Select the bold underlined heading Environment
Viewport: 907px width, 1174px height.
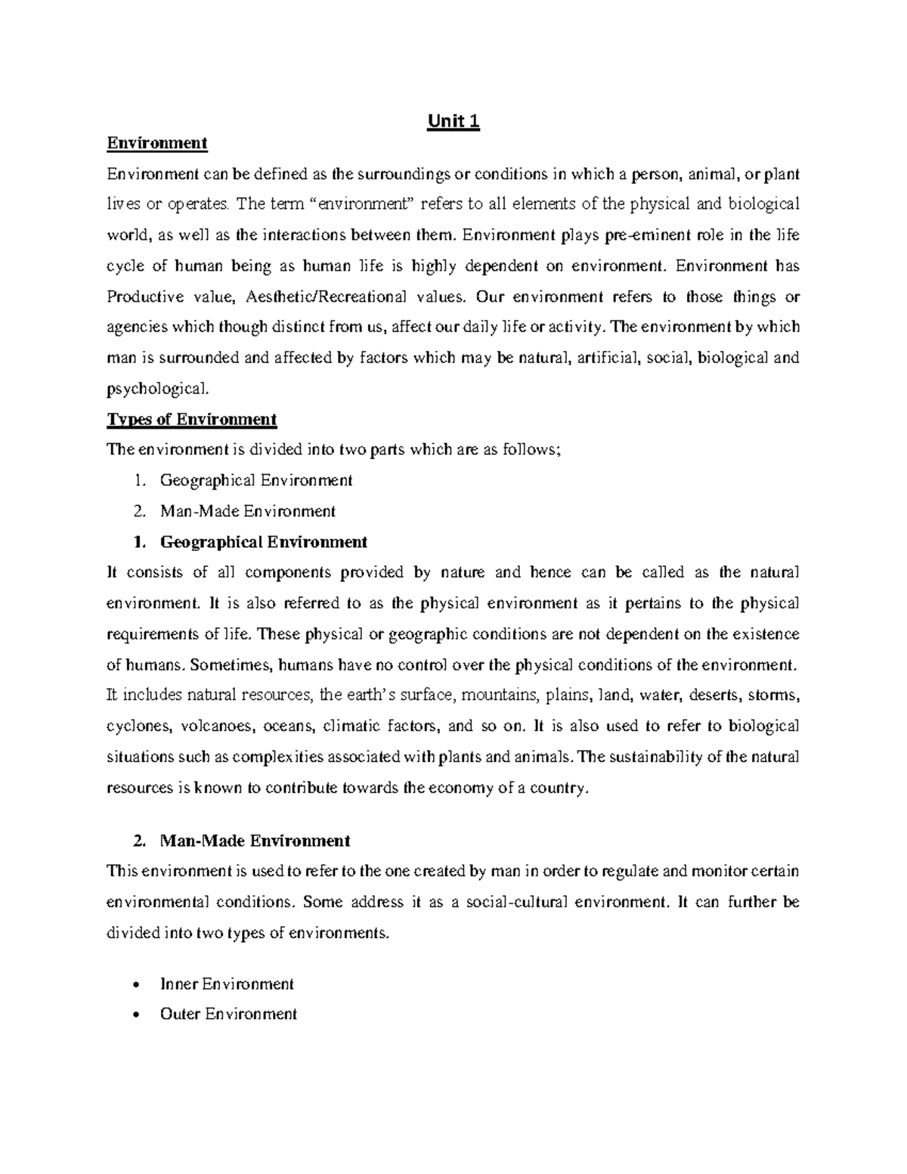coord(156,143)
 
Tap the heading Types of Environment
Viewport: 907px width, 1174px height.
coord(192,420)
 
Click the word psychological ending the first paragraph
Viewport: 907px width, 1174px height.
coord(155,389)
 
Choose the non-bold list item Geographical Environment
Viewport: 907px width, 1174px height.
coord(255,480)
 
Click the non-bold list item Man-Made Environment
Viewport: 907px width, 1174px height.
coord(247,511)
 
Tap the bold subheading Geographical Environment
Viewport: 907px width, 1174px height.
coord(263,542)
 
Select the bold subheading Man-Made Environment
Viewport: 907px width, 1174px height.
coord(255,841)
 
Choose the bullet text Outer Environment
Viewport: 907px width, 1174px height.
coord(228,1014)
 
